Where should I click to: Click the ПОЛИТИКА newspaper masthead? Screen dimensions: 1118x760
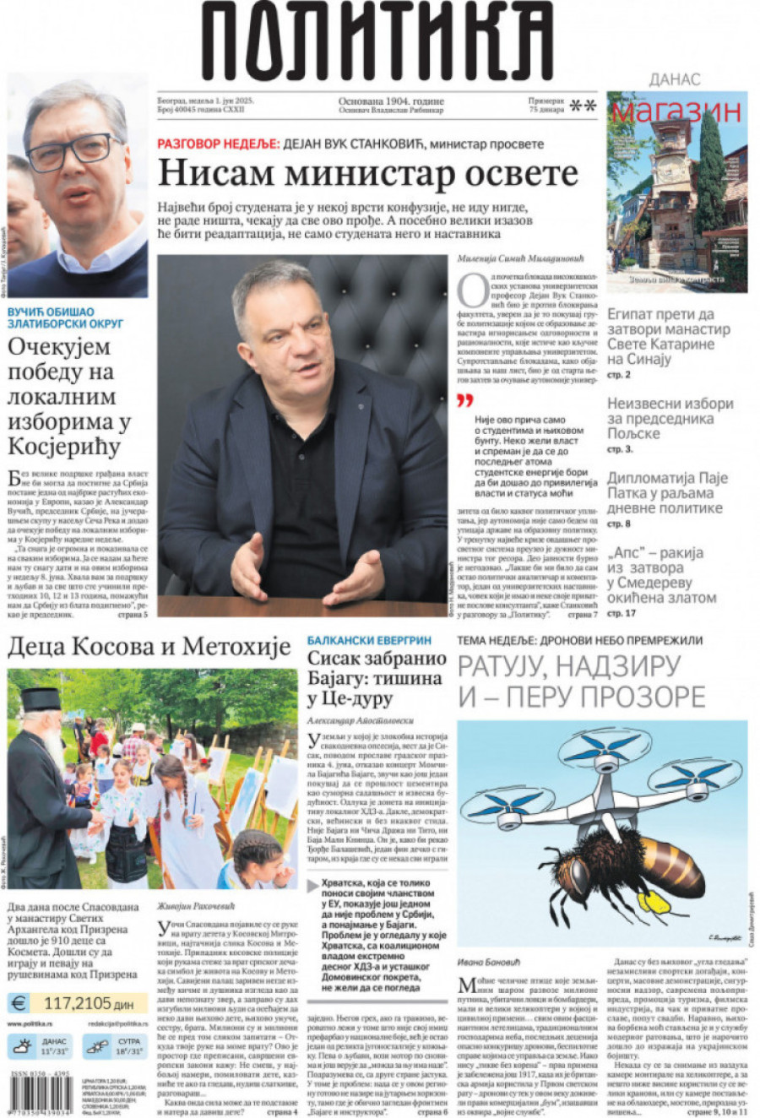click(377, 42)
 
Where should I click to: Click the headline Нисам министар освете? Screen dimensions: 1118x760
click(367, 174)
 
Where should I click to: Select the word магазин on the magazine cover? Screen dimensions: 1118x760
click(676, 111)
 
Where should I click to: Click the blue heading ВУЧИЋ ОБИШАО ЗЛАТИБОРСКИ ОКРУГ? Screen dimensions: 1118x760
click(66, 317)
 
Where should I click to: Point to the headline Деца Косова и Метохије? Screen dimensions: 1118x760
click(149, 648)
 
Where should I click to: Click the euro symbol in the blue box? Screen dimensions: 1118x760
click(19, 1003)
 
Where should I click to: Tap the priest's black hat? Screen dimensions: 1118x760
click(41, 699)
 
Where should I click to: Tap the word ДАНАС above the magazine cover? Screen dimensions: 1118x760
click(674, 79)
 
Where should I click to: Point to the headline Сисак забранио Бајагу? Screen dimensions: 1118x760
click(376, 678)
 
